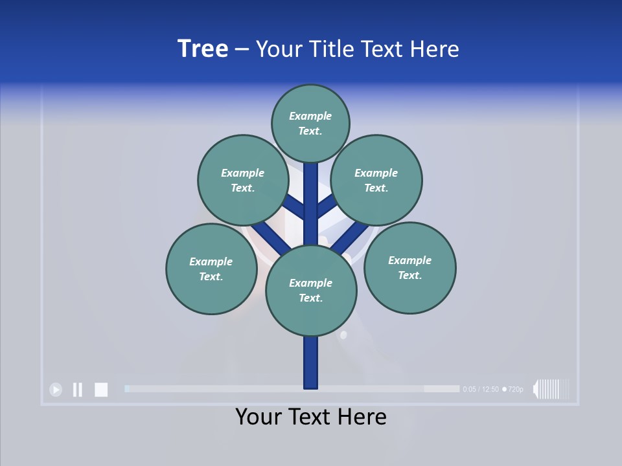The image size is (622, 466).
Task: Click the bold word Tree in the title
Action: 203,49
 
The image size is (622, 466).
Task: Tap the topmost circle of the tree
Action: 310,123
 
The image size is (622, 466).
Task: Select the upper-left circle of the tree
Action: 242,180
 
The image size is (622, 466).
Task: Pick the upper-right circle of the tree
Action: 376,180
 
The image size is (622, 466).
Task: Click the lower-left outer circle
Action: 211,269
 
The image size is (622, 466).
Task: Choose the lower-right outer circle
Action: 409,267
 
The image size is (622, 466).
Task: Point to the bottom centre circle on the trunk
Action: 311,291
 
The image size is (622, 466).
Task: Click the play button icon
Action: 56,389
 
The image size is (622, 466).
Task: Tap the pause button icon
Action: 78,389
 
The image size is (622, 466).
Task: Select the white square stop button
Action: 101,389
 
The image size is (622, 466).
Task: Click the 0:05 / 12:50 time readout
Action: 481,389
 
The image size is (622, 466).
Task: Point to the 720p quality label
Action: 515,389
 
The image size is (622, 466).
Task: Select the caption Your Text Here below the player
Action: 311,417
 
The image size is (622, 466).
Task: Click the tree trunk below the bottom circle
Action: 311,362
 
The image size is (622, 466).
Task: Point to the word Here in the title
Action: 435,49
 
